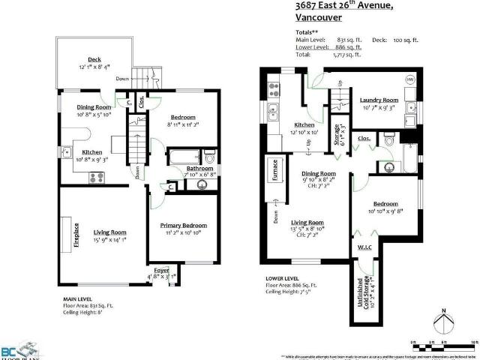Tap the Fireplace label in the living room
76,232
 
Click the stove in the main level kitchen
97,178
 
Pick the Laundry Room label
379,100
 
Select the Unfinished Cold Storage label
367,289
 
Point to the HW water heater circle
410,79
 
